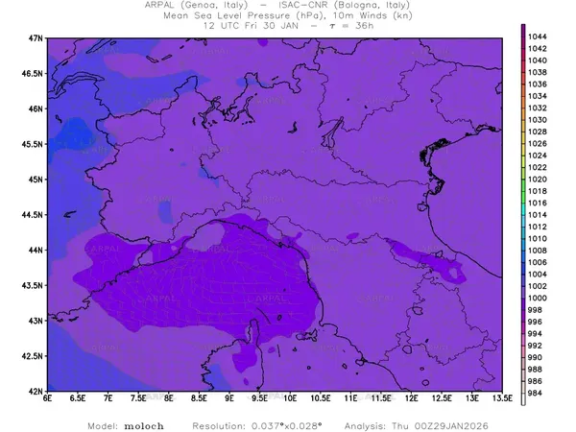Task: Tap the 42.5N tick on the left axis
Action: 33,356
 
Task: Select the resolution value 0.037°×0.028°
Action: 290,423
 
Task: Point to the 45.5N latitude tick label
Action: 33,144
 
